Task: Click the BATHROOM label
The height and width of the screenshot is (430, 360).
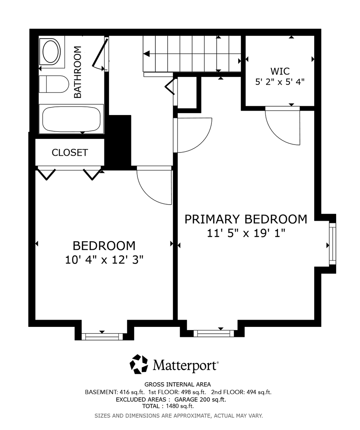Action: pos(78,72)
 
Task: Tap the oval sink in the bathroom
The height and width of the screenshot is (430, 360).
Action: pos(50,52)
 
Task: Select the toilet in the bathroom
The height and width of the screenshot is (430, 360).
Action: pos(53,84)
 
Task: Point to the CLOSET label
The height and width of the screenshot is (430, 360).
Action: pos(70,152)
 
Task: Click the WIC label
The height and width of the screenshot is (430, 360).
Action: pos(280,71)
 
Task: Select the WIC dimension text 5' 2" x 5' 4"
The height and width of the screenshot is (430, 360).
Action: pos(280,82)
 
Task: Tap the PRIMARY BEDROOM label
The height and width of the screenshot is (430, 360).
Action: pos(246,219)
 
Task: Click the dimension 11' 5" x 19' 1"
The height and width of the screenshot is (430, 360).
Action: pos(246,233)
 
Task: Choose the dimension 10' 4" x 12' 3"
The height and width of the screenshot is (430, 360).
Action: pos(104,260)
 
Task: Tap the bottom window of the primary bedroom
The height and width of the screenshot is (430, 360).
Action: pos(213,334)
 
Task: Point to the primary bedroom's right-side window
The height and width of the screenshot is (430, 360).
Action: pos(332,244)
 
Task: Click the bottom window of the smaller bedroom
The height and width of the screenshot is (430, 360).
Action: pos(102,336)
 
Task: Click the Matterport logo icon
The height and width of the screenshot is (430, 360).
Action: pos(139,364)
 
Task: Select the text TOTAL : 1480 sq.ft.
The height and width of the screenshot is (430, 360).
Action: pos(168,406)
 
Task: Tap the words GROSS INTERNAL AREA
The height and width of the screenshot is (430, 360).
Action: pos(178,385)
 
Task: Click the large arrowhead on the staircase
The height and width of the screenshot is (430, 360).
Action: pos(147,54)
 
